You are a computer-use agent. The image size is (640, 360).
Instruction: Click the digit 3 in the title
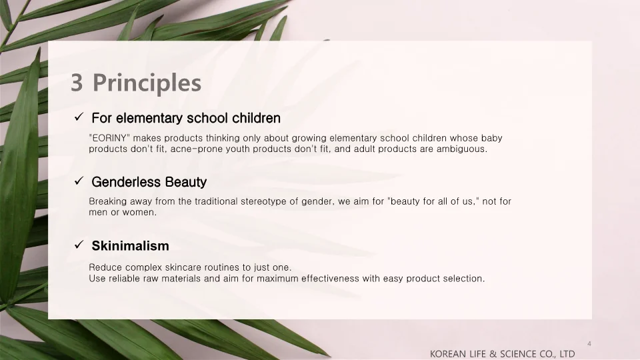tap(77, 83)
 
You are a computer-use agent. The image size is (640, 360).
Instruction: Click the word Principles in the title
tap(147, 83)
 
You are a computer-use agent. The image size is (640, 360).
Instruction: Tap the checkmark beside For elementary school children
tap(78, 118)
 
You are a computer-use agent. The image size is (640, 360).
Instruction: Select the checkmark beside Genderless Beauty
tap(78, 181)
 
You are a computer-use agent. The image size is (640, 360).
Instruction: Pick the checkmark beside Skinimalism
tap(78, 245)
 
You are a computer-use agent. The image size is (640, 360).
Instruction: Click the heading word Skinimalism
tap(130, 246)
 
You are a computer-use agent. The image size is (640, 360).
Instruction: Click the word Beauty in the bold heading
tap(186, 182)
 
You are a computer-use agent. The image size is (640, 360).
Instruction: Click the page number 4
tap(589, 343)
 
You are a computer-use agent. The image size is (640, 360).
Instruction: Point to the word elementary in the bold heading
tap(149, 119)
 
